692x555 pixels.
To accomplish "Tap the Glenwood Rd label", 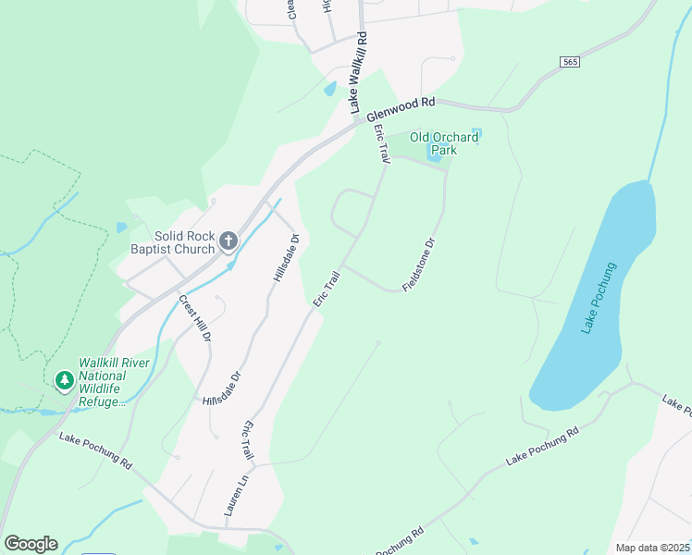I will [x=400, y=110].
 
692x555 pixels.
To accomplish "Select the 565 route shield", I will [x=570, y=61].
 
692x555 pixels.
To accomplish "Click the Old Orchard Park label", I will [x=444, y=143].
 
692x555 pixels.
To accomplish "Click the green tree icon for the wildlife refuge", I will [x=64, y=381].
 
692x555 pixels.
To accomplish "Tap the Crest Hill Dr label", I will [x=195, y=317].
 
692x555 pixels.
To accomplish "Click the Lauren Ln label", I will [x=230, y=495].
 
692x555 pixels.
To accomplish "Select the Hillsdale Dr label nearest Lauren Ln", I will [x=222, y=388].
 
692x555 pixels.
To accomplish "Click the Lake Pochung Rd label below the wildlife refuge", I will [x=95, y=450].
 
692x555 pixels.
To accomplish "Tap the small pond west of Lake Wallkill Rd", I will [x=329, y=89].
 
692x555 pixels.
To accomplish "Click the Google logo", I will [x=31, y=544].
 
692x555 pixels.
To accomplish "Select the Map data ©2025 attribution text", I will [x=651, y=548].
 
